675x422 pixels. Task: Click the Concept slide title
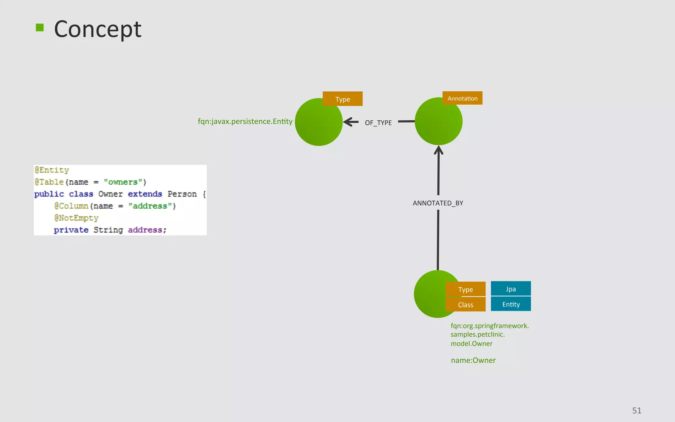(98, 29)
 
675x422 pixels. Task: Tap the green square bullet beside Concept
(40, 28)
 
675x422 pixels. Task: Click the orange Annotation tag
(462, 98)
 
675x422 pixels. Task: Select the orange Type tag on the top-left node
(342, 99)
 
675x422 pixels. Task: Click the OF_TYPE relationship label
(378, 123)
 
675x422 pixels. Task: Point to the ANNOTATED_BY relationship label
(438, 203)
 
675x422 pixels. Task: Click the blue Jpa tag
(511, 289)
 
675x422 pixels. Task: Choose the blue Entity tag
(511, 304)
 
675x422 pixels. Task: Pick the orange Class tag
(465, 305)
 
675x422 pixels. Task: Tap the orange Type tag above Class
(465, 289)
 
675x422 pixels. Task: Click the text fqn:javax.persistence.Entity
(245, 121)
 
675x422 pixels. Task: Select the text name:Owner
(473, 360)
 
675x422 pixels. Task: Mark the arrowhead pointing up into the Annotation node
(438, 150)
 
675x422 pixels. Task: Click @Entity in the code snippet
(52, 170)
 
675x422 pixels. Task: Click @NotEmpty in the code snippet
(76, 218)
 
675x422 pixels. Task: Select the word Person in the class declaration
(182, 194)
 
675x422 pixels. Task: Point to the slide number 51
(636, 410)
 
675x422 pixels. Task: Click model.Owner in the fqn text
(471, 344)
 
